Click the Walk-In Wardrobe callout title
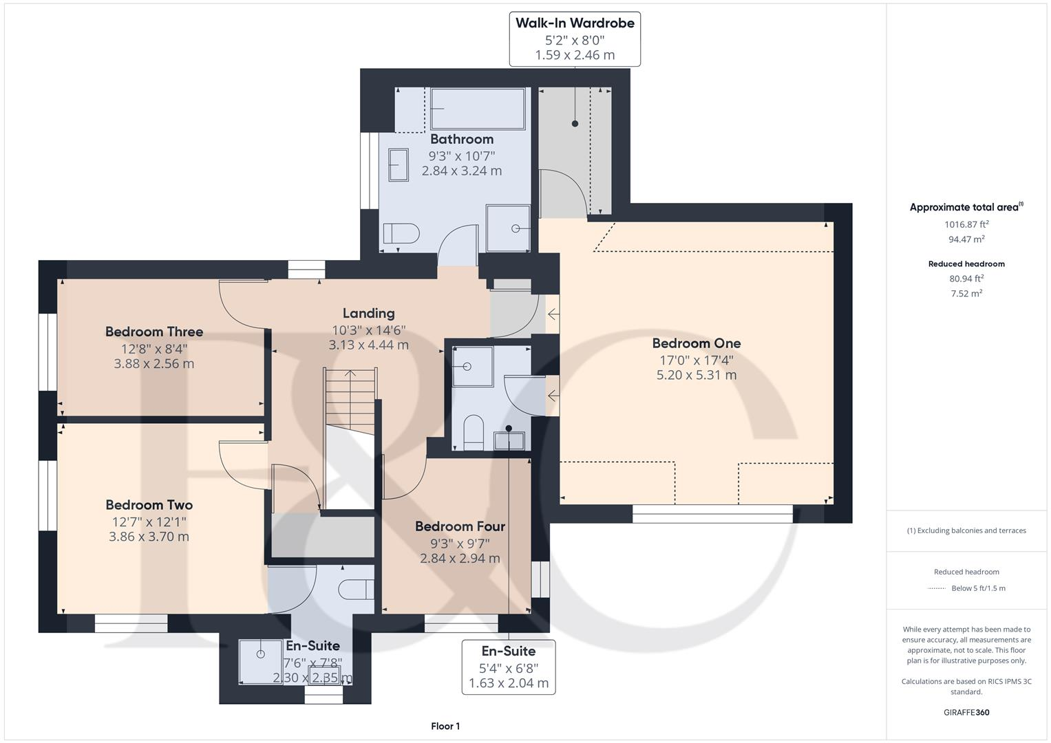[x=575, y=23]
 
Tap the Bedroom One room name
[x=697, y=343]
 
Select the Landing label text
[x=368, y=313]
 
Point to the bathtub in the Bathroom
[x=478, y=109]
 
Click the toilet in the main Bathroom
[x=401, y=233]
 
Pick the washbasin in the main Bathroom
[x=399, y=165]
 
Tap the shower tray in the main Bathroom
[x=508, y=228]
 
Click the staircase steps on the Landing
[x=350, y=399]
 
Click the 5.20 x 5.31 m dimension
[x=697, y=375]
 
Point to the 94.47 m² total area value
[x=966, y=239]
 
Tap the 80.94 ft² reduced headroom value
[x=966, y=279]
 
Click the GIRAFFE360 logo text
[x=966, y=712]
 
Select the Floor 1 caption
[x=445, y=726]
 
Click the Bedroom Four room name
[x=460, y=526]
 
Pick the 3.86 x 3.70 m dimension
[x=149, y=537]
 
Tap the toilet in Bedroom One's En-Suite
[x=474, y=432]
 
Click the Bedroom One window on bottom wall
[x=712, y=514]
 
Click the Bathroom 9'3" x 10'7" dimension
[x=462, y=155]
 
